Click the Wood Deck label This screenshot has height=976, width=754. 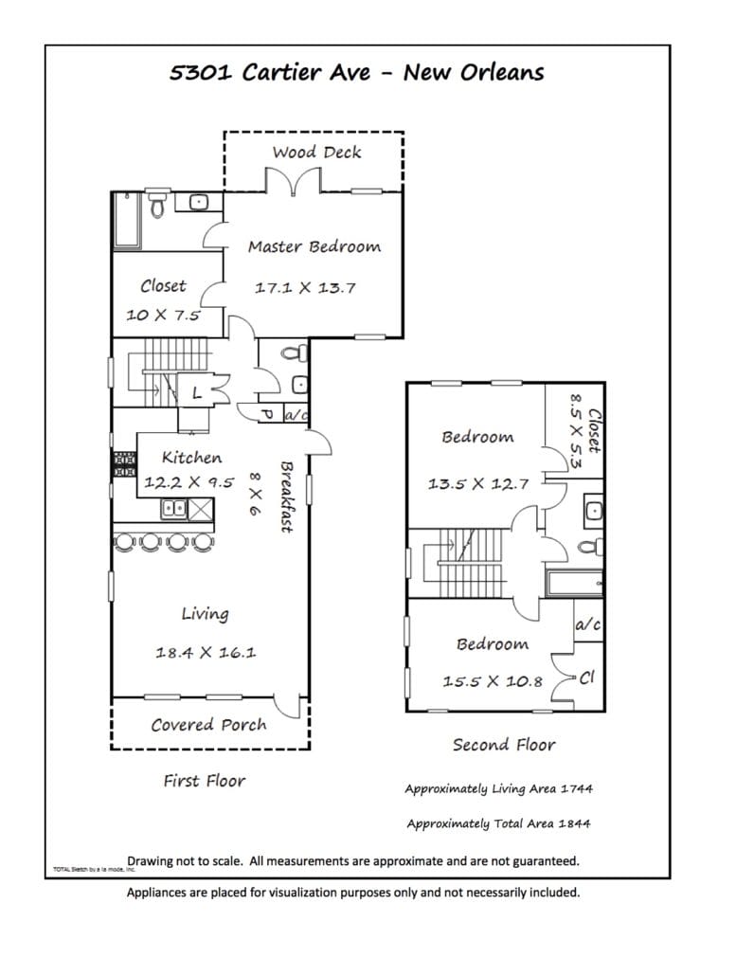click(316, 152)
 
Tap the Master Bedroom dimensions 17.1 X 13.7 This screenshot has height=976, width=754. click(305, 287)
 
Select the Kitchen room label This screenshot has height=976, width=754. click(191, 458)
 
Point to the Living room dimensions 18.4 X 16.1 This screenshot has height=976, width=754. click(206, 652)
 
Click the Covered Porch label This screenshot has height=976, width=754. click(209, 725)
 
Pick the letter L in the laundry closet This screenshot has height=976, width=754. click(197, 392)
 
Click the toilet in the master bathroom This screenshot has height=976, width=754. click(157, 204)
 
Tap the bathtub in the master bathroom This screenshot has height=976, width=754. click(127, 221)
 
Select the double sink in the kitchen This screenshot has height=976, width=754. click(173, 509)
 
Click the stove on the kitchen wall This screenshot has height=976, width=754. click(124, 464)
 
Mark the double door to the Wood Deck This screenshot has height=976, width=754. click(294, 180)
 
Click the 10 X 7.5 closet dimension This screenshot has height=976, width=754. click(163, 315)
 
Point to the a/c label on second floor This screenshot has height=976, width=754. click(588, 624)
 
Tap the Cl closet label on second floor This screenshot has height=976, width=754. click(587, 678)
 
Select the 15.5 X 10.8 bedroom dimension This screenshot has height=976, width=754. click(493, 681)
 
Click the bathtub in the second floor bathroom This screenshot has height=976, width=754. click(574, 584)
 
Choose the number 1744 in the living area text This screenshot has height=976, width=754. click(577, 788)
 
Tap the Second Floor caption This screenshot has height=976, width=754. click(504, 745)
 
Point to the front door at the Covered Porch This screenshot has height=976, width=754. click(287, 707)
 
